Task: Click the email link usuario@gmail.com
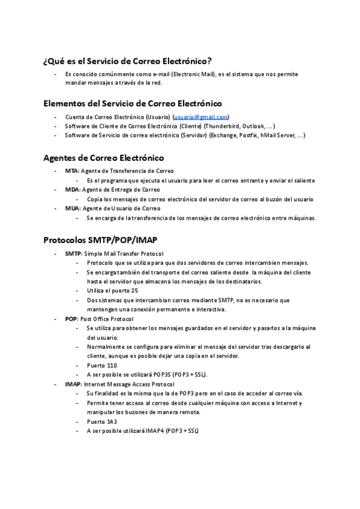(201, 117)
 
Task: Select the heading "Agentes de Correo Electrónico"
(103, 158)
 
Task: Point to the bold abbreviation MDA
(71, 190)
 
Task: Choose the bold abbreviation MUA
(71, 208)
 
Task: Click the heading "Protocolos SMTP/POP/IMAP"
(100, 240)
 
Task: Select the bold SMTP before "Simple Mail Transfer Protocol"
(73, 254)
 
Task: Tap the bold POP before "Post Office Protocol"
(71, 319)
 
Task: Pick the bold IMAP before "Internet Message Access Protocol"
(73, 384)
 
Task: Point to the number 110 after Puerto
(111, 365)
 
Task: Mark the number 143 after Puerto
(111, 421)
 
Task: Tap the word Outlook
(255, 126)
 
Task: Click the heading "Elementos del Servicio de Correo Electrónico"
(133, 103)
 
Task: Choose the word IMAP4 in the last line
(152, 431)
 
